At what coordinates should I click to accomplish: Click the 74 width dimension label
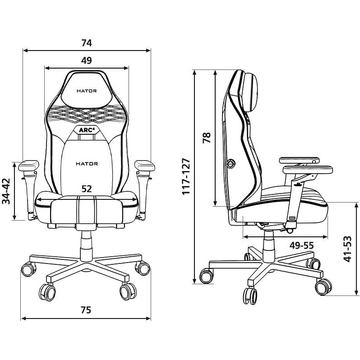click(87, 43)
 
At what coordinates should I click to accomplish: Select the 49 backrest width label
click(87, 60)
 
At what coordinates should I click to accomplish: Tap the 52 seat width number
click(87, 189)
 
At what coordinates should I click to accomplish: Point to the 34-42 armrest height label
click(6, 191)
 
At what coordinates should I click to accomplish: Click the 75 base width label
click(86, 310)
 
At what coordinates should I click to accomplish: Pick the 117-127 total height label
click(186, 176)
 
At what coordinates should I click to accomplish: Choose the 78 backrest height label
click(207, 138)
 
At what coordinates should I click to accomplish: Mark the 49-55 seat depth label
click(301, 246)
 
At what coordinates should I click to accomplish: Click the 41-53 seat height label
click(348, 249)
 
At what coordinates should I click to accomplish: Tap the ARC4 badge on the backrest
click(87, 130)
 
